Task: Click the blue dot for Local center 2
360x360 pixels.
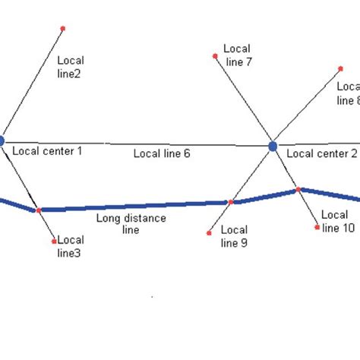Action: click(x=273, y=146)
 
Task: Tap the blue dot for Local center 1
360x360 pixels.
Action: click(x=2, y=141)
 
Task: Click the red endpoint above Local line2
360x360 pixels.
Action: click(x=63, y=29)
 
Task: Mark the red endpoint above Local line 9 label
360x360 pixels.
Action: click(x=209, y=233)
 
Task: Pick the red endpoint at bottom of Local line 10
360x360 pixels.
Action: click(x=317, y=226)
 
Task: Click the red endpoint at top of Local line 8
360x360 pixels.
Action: click(x=340, y=68)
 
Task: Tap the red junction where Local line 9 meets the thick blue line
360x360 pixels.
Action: click(x=230, y=202)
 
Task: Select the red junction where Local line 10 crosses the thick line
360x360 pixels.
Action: click(x=298, y=189)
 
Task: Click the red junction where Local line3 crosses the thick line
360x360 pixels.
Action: click(x=38, y=210)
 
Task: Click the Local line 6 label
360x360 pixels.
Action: click(x=162, y=153)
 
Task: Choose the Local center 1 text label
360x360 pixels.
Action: click(x=47, y=151)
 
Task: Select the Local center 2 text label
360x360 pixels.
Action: click(x=321, y=153)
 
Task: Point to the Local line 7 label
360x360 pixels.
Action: click(x=238, y=56)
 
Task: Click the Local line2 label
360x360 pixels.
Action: click(x=71, y=67)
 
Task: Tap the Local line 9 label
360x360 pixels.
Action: click(x=233, y=236)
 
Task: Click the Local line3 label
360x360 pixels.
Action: click(x=70, y=246)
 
